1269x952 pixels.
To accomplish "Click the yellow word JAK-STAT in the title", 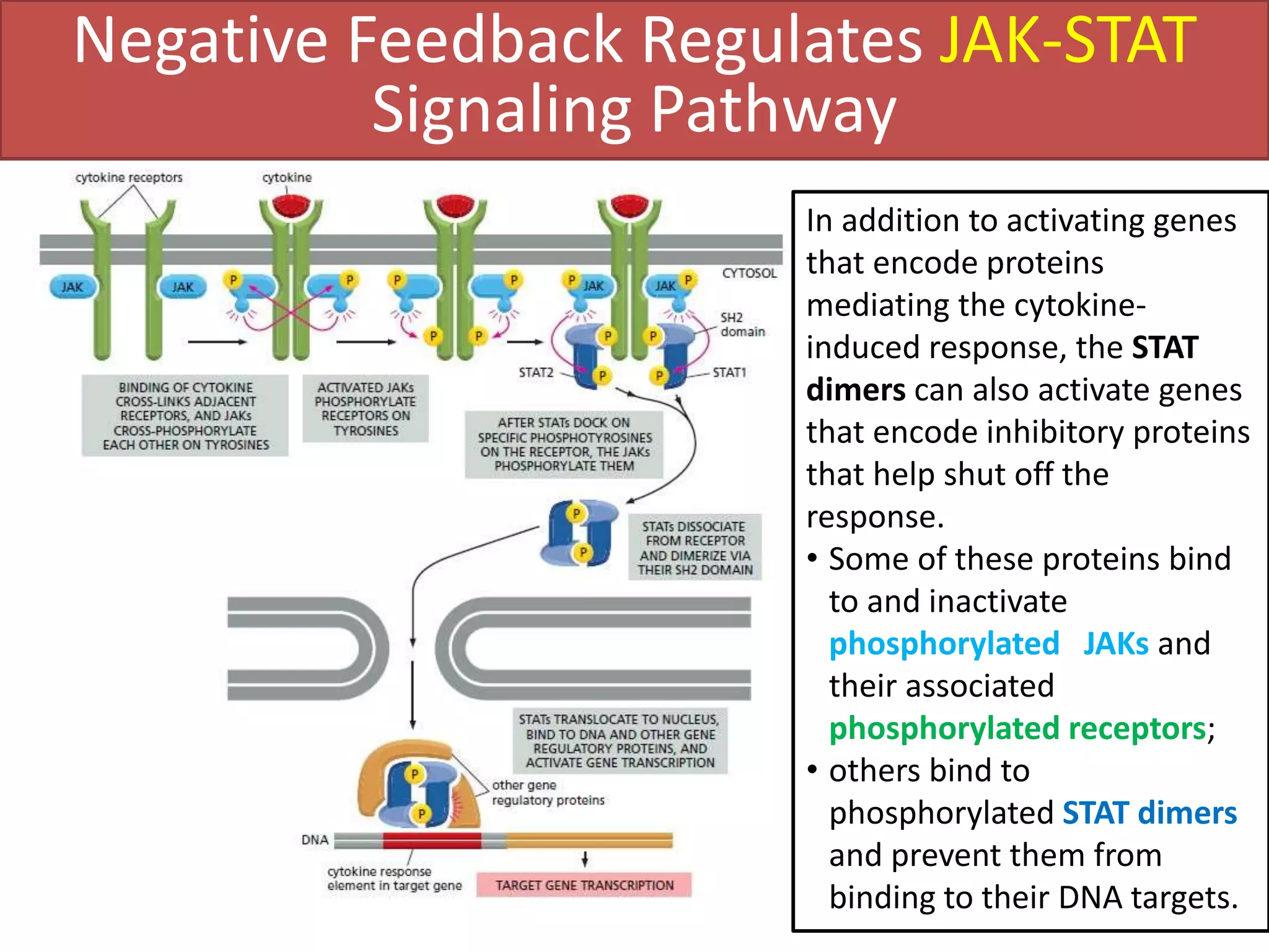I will click(x=1067, y=41).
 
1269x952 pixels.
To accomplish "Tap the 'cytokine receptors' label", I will click(x=129, y=178).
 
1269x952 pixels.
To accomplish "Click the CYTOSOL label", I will click(x=749, y=273).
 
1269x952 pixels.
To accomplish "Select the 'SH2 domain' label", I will click(x=742, y=325).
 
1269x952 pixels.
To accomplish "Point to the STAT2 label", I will click(x=536, y=372).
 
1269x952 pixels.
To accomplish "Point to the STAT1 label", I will click(x=729, y=372).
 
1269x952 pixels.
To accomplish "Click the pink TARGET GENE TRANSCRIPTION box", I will click(x=584, y=885).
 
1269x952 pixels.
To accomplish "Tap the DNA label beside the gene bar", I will click(x=315, y=840).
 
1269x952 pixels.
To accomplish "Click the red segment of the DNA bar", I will click(x=432, y=840).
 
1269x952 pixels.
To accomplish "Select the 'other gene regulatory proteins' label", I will click(x=548, y=793).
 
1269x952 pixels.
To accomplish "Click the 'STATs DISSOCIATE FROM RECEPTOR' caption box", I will click(x=695, y=548).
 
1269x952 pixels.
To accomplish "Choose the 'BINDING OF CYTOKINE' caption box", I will click(x=185, y=416).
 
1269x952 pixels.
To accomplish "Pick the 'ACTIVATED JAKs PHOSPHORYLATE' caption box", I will click(x=366, y=409).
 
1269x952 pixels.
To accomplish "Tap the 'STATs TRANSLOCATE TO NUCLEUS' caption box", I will click(x=620, y=741).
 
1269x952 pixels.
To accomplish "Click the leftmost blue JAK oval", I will click(x=72, y=287).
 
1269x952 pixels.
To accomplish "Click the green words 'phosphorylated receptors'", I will click(x=1017, y=728).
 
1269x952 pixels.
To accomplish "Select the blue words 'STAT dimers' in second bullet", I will click(x=1149, y=813).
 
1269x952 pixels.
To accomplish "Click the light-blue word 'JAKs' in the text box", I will click(x=1115, y=644).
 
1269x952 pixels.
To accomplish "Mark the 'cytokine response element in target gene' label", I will click(x=394, y=878).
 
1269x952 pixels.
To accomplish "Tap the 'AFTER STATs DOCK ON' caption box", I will click(x=564, y=444).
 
